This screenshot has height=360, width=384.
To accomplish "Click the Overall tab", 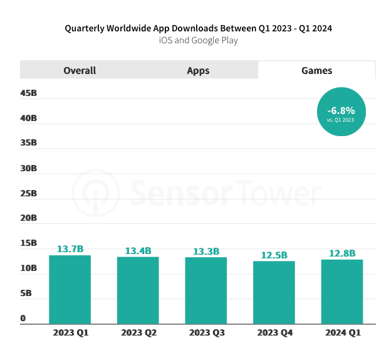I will [80, 70].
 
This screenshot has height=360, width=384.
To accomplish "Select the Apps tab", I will [198, 70].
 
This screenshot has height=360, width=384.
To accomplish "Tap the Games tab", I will [317, 70].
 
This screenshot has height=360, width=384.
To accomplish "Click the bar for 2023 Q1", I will [70, 289].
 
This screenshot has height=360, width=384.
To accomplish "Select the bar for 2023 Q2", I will [138, 290].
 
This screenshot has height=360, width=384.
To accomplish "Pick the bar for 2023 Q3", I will [206, 290].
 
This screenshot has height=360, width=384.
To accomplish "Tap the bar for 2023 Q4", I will [274, 292].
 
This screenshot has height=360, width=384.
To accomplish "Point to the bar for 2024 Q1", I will [342, 292].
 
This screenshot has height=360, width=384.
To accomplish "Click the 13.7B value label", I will [70, 249].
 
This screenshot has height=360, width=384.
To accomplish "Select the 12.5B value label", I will [274, 255].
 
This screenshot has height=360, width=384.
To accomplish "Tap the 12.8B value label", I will [342, 253].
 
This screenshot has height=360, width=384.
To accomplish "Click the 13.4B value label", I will [138, 251].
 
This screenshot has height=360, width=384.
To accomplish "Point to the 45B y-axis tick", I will [29, 93].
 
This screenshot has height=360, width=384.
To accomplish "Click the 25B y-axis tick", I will [29, 193].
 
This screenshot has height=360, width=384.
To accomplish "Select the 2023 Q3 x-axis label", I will [206, 332].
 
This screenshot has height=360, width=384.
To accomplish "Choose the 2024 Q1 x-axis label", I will [343, 332].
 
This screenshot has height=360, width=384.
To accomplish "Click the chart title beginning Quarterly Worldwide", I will [198, 28].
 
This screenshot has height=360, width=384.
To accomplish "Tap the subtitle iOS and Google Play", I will [198, 41].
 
